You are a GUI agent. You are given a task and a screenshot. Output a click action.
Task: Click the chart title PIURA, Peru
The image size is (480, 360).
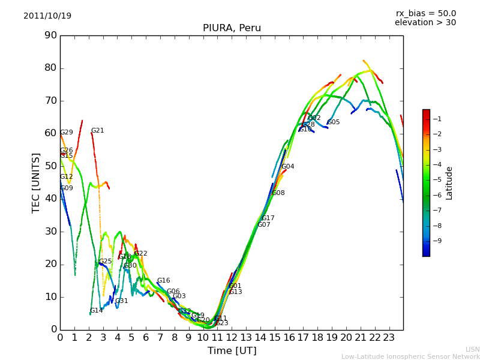tap(232, 28)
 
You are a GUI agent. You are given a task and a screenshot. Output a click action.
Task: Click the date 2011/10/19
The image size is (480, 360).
tap(47, 16)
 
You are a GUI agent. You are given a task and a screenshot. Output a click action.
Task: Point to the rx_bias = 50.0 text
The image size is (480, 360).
tap(425, 13)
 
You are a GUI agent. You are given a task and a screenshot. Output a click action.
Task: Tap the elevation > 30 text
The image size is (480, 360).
tap(425, 23)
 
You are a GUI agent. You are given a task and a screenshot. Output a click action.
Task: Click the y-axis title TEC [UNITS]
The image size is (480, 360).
tap(36, 182)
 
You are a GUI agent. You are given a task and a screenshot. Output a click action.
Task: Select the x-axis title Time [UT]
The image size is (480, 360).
tap(232, 350)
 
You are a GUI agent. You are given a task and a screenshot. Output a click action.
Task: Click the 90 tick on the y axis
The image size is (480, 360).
tap(50, 35)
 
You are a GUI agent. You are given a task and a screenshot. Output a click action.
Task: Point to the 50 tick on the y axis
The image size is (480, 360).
tap(50, 166)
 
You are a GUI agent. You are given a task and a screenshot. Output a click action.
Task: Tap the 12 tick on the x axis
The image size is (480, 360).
tap(232, 337)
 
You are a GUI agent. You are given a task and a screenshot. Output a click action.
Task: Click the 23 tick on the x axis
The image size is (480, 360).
tap(389, 337)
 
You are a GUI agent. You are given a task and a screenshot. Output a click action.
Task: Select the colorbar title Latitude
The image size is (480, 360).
tap(449, 183)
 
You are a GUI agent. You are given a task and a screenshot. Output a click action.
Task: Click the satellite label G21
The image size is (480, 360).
tap(97, 130)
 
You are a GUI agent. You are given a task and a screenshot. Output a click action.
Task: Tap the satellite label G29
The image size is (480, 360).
tap(66, 133)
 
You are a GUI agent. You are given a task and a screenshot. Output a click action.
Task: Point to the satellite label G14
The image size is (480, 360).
tap(96, 310)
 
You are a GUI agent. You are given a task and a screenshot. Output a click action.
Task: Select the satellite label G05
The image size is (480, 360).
tap(333, 122)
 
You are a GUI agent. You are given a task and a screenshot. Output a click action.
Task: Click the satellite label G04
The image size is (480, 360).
tap(287, 166)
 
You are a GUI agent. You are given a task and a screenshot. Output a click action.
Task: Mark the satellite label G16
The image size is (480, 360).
tap(163, 280)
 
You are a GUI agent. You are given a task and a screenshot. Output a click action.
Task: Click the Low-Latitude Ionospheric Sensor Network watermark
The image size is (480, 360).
tap(410, 356)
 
